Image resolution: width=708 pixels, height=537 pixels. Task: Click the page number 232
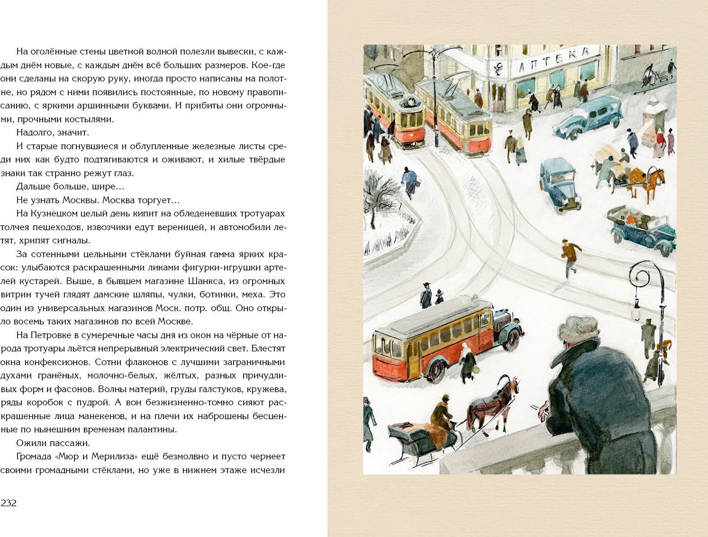pyautogui.click(x=9, y=503)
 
